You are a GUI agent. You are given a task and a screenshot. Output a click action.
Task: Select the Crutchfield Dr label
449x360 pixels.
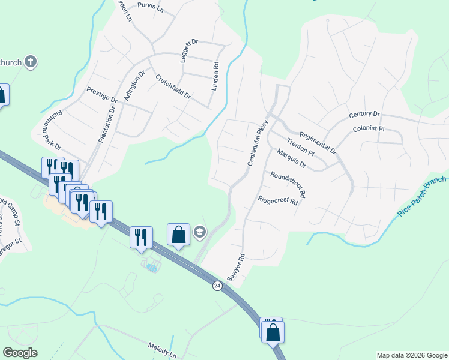click(x=173, y=87)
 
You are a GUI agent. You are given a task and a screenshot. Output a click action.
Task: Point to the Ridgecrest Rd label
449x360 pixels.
click(x=278, y=201)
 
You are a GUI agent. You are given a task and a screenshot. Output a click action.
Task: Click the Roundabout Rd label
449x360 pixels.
click(x=288, y=184)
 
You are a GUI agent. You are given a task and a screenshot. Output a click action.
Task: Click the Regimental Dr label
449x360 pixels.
click(x=318, y=143)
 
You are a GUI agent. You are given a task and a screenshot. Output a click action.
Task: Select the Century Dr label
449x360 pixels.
click(x=364, y=114)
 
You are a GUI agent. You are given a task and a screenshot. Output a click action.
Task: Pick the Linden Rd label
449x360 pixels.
click(x=215, y=76)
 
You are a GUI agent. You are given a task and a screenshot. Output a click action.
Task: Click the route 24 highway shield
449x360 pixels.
click(x=216, y=286)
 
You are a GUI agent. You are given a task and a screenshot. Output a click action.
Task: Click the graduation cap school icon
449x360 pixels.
click(x=199, y=232)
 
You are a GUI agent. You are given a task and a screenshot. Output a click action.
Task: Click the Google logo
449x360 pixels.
click(x=20, y=353)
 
